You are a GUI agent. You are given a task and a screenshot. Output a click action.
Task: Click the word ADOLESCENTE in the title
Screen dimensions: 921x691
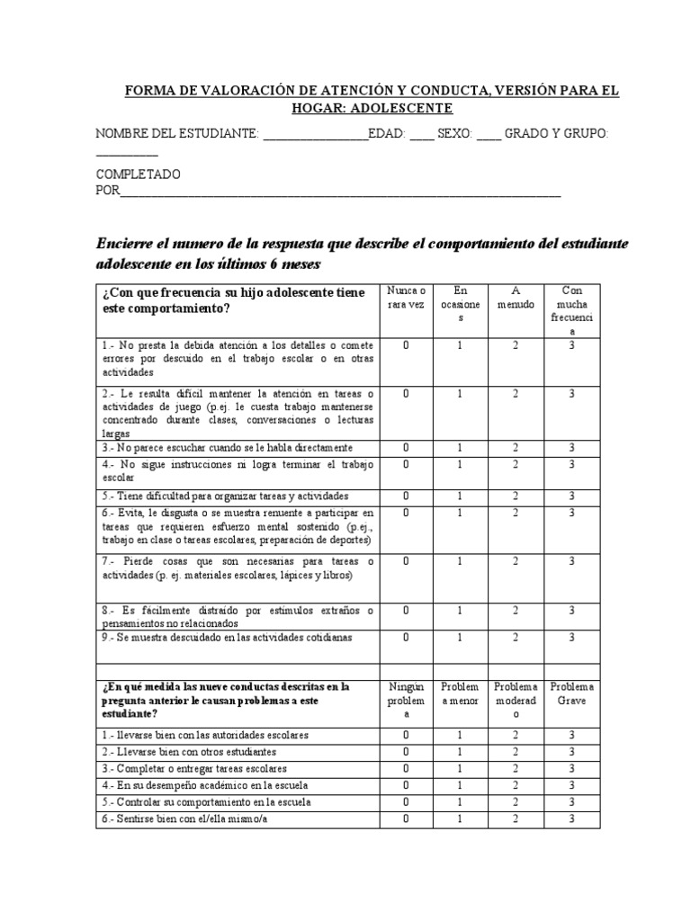[401, 108]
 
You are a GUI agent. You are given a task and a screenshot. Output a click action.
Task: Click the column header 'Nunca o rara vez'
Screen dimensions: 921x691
[406, 298]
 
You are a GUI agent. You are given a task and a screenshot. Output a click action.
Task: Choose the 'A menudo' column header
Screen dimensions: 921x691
[516, 298]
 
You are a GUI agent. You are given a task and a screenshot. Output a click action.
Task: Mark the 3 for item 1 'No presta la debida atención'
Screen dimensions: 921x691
[572, 345]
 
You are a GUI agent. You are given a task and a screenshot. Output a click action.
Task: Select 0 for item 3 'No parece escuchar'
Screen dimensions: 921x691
[406, 447]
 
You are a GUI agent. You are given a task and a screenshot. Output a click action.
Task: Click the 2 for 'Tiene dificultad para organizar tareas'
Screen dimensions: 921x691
[516, 496]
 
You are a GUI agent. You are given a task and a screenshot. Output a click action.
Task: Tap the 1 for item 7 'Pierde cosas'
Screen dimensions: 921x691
[460, 561]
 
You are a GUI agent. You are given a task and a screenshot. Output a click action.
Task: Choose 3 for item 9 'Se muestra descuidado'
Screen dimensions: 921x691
[572, 637]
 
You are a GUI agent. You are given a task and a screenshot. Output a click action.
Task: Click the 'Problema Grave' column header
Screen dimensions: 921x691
[572, 693]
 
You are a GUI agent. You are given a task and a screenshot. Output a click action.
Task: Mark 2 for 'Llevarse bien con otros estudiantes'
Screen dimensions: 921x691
[516, 751]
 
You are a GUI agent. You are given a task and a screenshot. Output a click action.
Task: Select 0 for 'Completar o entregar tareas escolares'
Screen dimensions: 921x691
[406, 768]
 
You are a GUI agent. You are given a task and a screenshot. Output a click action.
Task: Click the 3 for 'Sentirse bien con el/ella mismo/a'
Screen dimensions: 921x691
[572, 818]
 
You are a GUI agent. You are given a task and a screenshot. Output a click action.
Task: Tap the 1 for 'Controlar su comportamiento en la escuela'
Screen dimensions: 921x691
[460, 801]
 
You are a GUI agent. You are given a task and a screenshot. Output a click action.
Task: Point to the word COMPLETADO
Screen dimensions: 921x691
[138, 174]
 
